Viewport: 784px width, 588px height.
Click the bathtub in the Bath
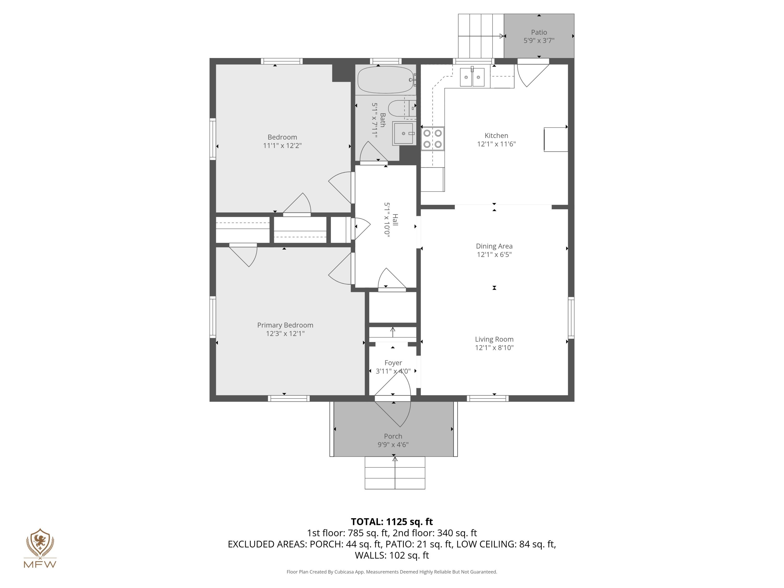point(385,80)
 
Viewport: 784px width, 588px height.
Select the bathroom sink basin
point(403,134)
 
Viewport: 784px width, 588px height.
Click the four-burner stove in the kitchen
point(433,139)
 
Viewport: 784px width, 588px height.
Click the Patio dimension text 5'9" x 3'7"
point(539,41)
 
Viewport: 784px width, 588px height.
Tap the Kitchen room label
point(496,135)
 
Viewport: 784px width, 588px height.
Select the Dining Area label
point(494,246)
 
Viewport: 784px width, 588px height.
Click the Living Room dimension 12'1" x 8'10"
point(494,348)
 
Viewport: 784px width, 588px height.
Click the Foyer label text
point(393,362)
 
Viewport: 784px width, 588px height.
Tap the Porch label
point(393,436)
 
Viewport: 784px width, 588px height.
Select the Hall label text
point(395,220)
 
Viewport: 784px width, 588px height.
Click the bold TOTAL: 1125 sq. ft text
point(392,522)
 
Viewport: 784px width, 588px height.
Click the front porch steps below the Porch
point(395,473)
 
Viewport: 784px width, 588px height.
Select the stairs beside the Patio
point(481,36)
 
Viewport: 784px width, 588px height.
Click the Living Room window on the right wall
point(571,318)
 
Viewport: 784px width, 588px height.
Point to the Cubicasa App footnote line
point(392,572)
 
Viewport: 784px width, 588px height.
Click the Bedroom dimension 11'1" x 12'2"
point(282,145)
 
